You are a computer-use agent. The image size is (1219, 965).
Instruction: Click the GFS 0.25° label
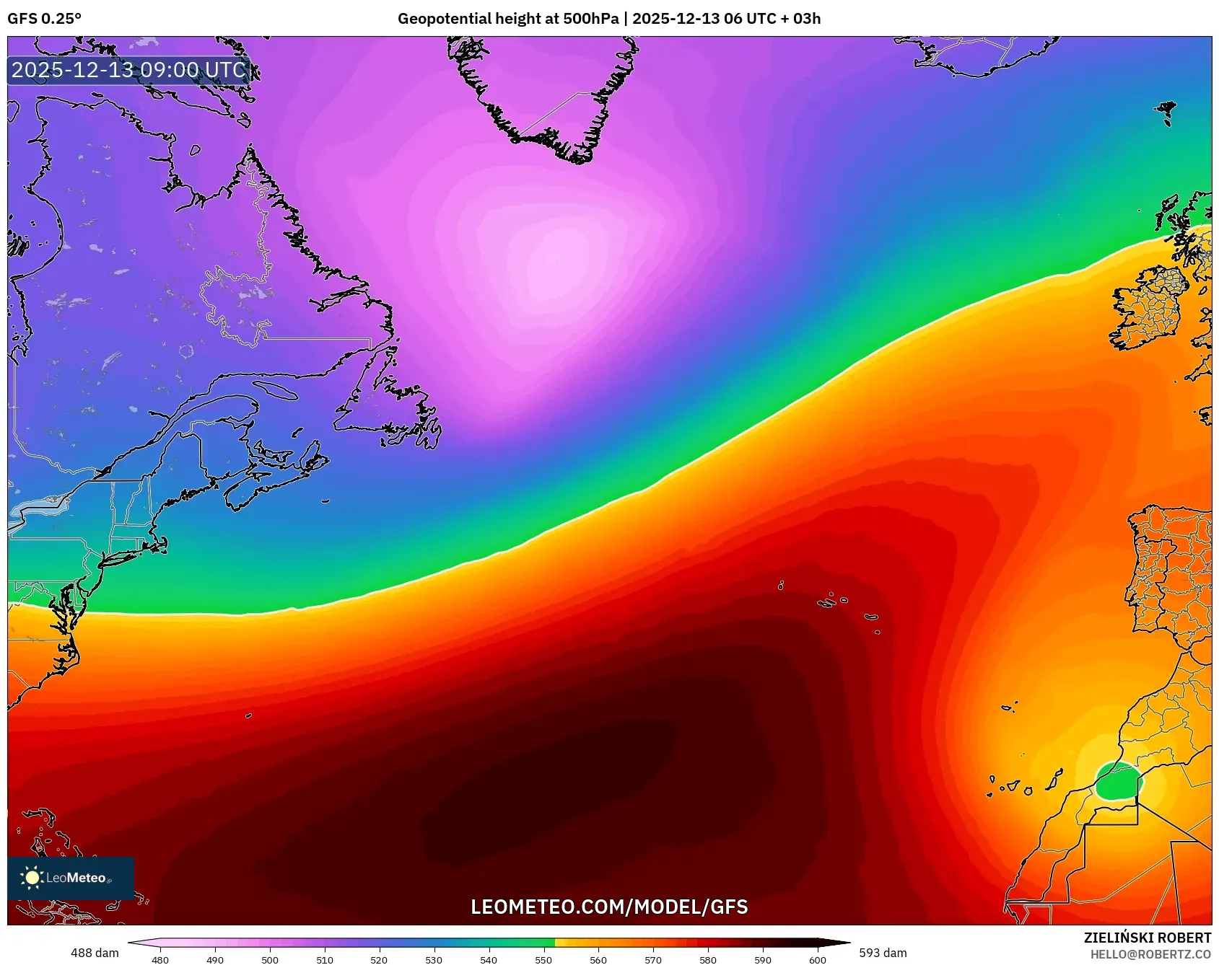point(44,19)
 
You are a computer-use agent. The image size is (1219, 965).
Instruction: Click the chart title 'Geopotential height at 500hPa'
point(507,19)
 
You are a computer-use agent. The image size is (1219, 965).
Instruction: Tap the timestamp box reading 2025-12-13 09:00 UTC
point(129,70)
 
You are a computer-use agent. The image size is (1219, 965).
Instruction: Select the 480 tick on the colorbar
point(160,959)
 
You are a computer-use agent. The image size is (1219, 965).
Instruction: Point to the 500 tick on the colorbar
point(270,959)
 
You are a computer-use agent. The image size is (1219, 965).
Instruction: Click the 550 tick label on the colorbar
point(543,959)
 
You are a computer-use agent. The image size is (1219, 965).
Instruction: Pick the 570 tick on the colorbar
point(653,959)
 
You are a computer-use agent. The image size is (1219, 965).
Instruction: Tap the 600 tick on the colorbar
point(818,959)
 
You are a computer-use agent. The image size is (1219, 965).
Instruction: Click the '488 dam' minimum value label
point(95,953)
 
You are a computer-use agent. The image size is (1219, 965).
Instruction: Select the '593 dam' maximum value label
point(883,953)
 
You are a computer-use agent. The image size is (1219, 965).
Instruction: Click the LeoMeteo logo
point(71,878)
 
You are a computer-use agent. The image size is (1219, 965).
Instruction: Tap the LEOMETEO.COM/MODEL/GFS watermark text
point(609,907)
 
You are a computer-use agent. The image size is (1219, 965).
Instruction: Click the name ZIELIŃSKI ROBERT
point(1148,938)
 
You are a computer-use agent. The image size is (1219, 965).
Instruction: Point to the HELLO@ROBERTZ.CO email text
point(1150,954)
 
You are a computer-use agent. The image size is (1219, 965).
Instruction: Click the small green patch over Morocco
point(1118,783)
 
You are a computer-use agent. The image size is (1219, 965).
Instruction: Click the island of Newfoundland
point(390,404)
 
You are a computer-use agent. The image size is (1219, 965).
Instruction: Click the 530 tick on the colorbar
point(434,959)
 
